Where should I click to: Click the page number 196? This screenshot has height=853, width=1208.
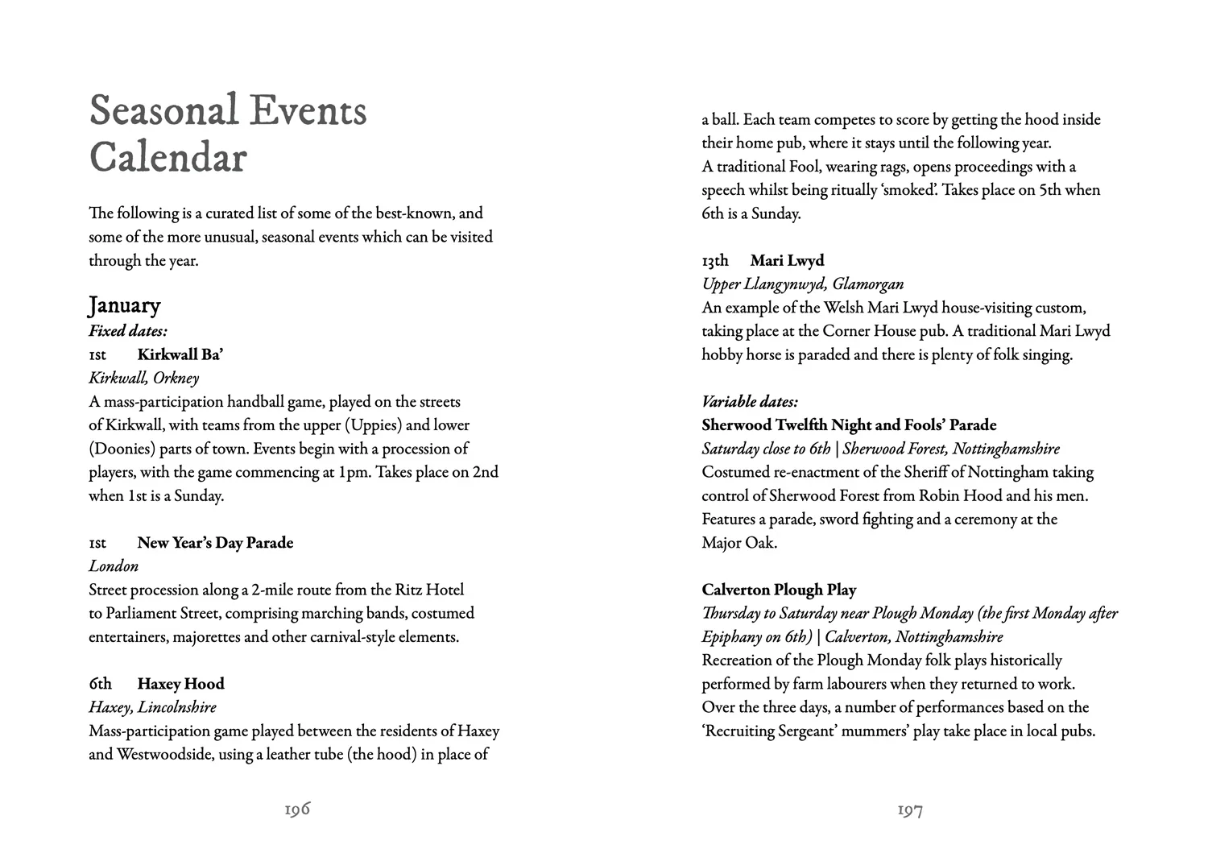click(x=297, y=810)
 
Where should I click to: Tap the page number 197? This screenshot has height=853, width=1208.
click(x=910, y=810)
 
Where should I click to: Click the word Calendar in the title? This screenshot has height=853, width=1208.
click(x=168, y=157)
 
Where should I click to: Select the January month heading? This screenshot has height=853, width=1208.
click(x=125, y=305)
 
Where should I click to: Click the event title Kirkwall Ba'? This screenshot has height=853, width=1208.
click(x=180, y=354)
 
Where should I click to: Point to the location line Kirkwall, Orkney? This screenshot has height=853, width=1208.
click(x=143, y=378)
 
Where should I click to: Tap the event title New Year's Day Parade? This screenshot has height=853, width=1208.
click(x=215, y=543)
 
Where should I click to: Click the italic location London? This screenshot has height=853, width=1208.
click(x=114, y=566)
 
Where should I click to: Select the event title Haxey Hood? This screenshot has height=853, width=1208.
click(x=180, y=684)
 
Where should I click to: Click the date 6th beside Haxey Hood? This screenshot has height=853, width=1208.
click(x=100, y=684)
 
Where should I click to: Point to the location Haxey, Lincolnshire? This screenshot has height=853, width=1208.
click(x=152, y=707)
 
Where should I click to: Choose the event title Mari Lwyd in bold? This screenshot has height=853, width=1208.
click(x=787, y=260)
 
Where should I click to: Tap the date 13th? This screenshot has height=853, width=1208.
click(x=714, y=260)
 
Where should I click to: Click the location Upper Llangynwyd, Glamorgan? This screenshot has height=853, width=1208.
click(x=802, y=284)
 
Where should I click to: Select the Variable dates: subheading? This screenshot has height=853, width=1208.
click(x=750, y=401)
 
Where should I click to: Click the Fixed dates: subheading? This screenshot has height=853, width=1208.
click(x=128, y=330)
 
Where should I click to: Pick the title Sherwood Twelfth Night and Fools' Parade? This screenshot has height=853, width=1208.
click(x=849, y=424)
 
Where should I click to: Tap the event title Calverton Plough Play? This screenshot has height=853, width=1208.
click(x=779, y=590)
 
